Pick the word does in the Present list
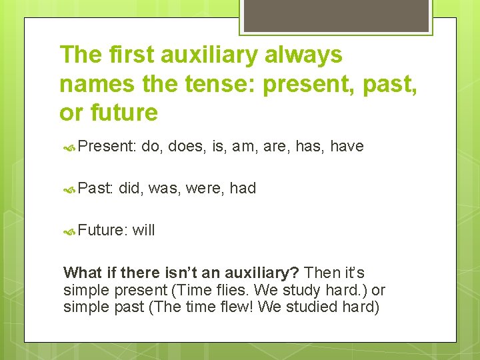(x=185, y=146)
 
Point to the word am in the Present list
(x=243, y=146)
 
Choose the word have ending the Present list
(x=346, y=146)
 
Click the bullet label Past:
(x=95, y=188)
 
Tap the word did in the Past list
(x=131, y=188)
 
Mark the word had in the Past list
(x=243, y=188)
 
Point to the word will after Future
(x=143, y=230)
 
